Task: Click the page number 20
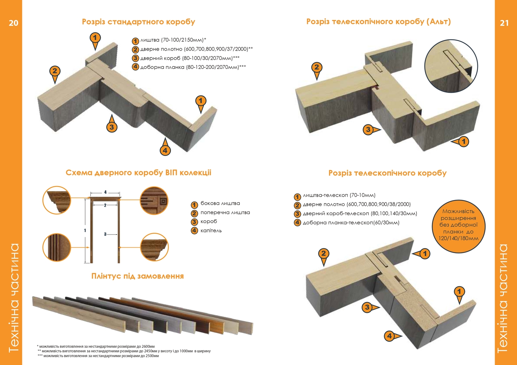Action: click(x=13, y=23)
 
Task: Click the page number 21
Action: click(x=504, y=23)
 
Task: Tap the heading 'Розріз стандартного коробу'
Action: click(x=139, y=22)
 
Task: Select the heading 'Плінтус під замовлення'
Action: click(x=138, y=276)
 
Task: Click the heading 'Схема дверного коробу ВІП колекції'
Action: click(x=139, y=173)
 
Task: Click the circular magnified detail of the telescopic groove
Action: click(x=451, y=66)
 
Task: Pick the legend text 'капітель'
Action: click(x=211, y=231)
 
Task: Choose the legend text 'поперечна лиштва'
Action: click(x=225, y=212)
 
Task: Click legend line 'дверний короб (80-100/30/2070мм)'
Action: click(x=190, y=58)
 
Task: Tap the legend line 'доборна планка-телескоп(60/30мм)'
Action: click(x=351, y=223)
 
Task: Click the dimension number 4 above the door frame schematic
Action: click(x=105, y=192)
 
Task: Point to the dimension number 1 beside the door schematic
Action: click(x=85, y=230)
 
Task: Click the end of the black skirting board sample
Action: click(x=160, y=325)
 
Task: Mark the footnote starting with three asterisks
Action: click(x=98, y=356)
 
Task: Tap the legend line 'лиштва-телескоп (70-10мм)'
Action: click(x=339, y=195)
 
